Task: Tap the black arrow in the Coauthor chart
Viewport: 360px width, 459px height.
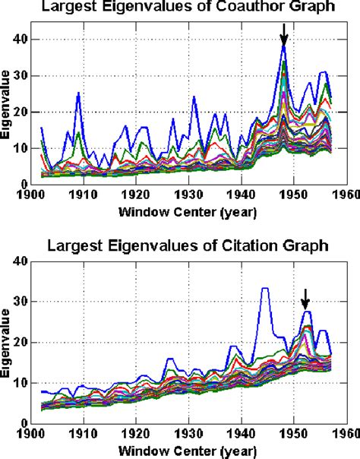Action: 284,35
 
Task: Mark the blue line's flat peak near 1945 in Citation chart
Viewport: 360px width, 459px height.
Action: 264,289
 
